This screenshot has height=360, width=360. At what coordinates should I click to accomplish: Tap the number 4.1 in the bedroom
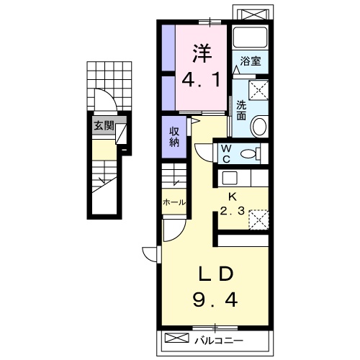click(x=201, y=80)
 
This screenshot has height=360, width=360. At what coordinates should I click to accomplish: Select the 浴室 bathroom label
click(x=251, y=61)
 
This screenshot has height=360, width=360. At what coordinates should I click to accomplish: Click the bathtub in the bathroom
click(x=251, y=37)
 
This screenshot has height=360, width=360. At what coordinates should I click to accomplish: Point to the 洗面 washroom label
click(x=241, y=110)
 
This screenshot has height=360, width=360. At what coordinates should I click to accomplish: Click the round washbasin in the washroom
click(x=258, y=126)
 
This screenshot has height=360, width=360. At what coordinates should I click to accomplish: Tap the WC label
click(x=226, y=153)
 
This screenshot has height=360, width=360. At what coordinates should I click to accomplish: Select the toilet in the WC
click(x=251, y=153)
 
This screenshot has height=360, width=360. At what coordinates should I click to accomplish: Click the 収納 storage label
click(x=174, y=137)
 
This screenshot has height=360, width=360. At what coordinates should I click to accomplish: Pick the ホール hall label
click(x=174, y=202)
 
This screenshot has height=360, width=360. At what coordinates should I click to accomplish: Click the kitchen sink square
click(x=230, y=178)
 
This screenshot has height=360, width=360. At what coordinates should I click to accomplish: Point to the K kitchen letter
click(x=232, y=197)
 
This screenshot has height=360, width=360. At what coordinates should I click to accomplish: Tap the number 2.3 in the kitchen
click(x=233, y=211)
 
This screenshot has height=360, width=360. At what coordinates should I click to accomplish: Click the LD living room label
click(x=215, y=274)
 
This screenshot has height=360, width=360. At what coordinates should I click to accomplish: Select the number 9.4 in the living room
click(x=215, y=300)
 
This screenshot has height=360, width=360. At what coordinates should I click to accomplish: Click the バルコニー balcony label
click(x=219, y=341)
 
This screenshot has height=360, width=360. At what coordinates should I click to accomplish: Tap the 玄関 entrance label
click(x=104, y=125)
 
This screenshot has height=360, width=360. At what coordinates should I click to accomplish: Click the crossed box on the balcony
click(x=177, y=338)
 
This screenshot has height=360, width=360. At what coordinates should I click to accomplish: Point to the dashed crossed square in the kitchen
click(x=258, y=220)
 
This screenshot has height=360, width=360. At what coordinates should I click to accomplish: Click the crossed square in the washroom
click(x=258, y=90)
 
